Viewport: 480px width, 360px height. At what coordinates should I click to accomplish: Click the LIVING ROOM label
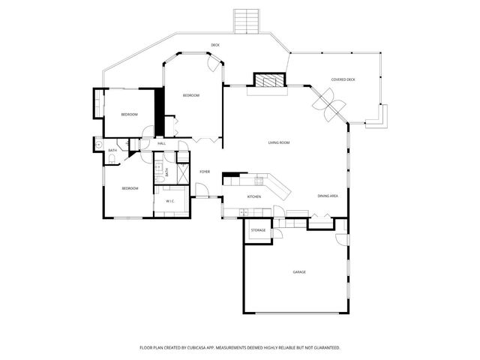point(279,142)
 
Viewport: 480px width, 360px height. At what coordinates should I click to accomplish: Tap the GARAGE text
point(299,271)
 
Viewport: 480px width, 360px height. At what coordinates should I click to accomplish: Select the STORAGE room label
point(258,229)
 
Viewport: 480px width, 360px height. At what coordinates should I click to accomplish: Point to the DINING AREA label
point(328,196)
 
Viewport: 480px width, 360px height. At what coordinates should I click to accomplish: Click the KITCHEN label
point(254,196)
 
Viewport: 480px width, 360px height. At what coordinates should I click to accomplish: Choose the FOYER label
point(204,172)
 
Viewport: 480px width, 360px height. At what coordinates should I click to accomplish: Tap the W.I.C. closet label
point(170,201)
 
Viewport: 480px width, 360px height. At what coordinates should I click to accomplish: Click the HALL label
point(161,142)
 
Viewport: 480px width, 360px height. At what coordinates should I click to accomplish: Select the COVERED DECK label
point(343,79)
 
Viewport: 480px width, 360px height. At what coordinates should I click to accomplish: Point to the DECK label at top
point(215,45)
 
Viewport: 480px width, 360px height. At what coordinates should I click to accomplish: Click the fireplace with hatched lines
point(270,80)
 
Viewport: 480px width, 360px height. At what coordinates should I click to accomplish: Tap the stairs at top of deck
point(246,20)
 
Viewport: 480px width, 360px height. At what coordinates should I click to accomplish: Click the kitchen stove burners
point(259,180)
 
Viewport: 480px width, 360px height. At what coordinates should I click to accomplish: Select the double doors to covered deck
point(328,104)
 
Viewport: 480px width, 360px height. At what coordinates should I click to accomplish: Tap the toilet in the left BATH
point(99,145)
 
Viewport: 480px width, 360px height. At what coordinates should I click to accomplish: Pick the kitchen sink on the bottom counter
point(244,213)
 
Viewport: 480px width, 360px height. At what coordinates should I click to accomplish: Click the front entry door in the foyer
point(201,190)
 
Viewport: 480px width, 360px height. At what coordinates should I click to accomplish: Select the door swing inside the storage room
point(276,233)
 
